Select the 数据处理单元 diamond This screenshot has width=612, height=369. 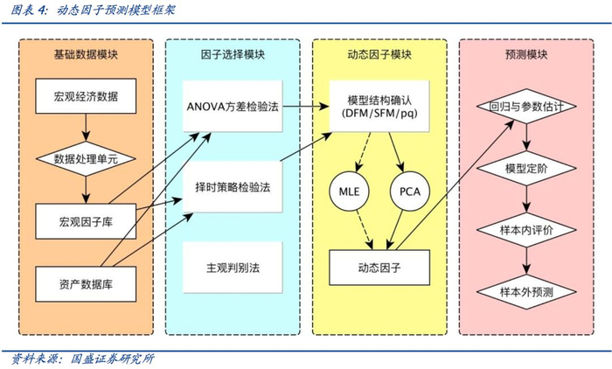point(86,159)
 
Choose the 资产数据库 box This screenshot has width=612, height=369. point(86,282)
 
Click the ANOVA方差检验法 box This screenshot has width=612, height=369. point(233,106)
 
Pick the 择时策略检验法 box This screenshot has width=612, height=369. point(233,186)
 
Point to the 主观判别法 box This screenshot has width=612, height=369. point(233,266)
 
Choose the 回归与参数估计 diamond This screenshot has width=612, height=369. point(525,106)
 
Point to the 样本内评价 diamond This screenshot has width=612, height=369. point(525,229)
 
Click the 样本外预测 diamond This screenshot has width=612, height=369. point(525,290)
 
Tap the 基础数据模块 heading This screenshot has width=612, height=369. point(86,54)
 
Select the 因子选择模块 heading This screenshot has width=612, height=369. point(233,54)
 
